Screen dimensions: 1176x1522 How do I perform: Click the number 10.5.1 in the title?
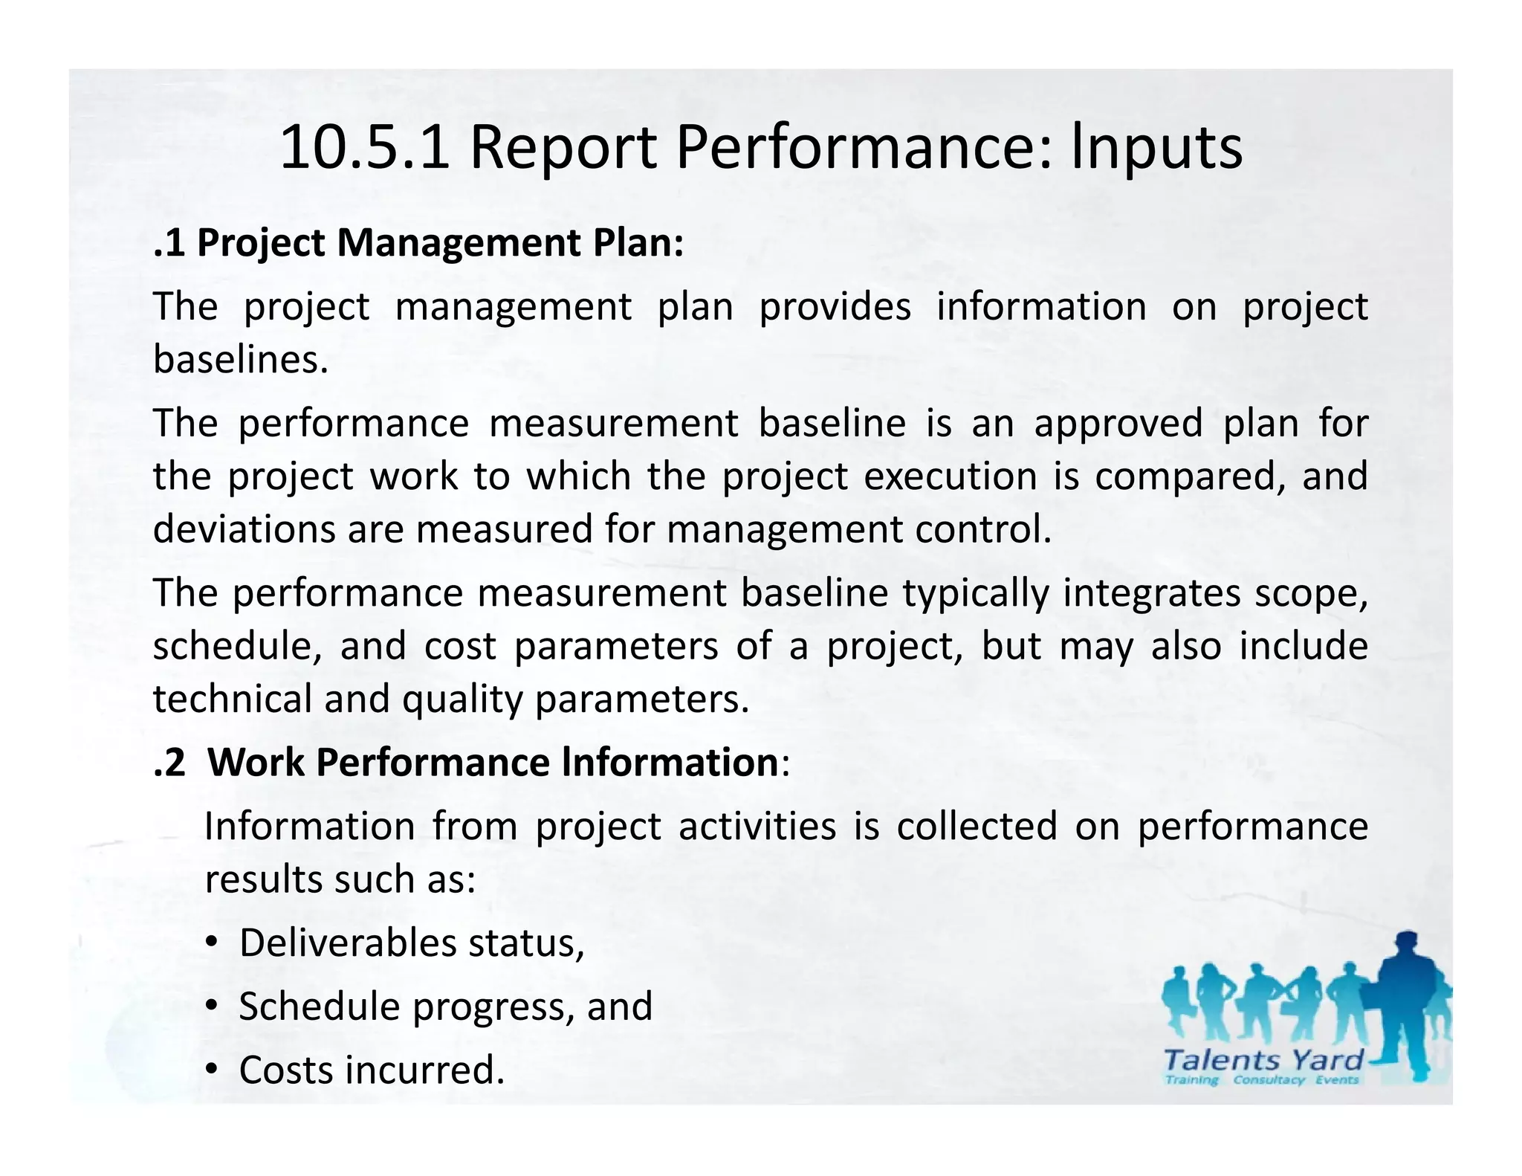pos(364,148)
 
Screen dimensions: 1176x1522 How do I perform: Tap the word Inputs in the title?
pos(1156,148)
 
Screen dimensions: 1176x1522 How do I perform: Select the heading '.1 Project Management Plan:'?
pos(418,243)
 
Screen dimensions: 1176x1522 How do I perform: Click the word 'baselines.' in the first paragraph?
pos(241,360)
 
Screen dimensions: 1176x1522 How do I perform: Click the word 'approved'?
pos(1118,423)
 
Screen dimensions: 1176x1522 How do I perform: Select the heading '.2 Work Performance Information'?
pos(471,763)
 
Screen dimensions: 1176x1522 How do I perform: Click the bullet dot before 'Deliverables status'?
pos(212,943)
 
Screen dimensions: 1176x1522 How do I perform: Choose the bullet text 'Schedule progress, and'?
pos(445,1007)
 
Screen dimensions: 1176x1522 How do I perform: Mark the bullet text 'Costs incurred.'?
pos(372,1070)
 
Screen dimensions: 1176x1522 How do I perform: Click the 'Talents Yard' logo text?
pos(1263,1059)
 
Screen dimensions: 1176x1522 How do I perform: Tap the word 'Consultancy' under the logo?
pos(1269,1080)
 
